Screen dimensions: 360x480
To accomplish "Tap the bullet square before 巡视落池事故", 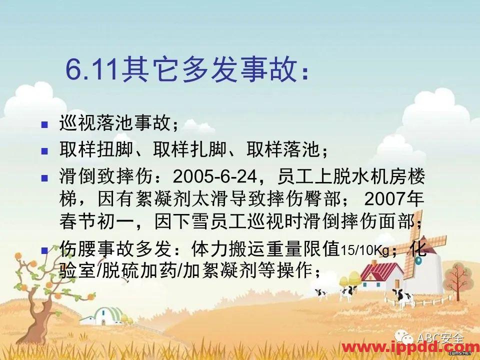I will [x=44, y=123].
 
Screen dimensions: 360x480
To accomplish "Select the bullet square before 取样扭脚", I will [x=44, y=149].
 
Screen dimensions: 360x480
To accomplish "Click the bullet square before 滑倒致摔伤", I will [x=44, y=176].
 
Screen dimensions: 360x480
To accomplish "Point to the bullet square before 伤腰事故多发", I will [x=44, y=248].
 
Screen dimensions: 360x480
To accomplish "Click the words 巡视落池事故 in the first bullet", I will [x=114, y=123].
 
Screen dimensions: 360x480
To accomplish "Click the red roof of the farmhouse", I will [x=380, y=269].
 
